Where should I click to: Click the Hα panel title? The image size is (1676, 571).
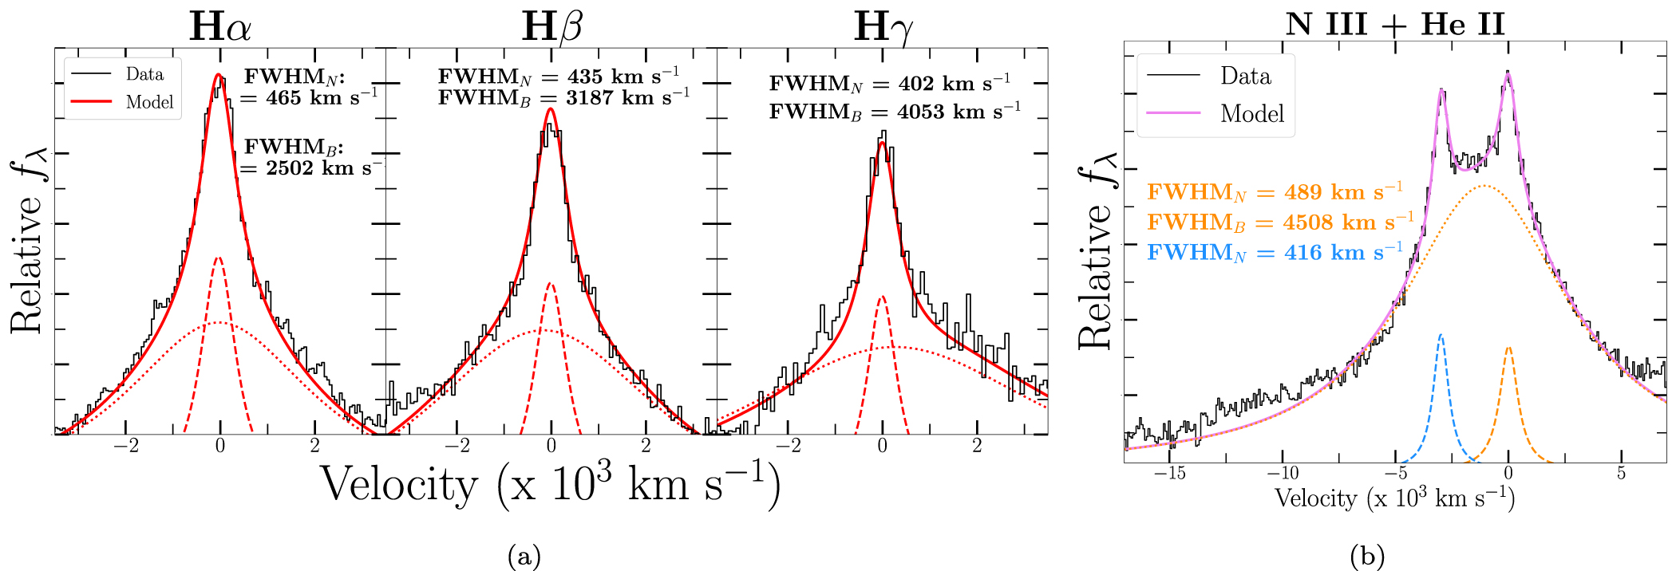point(220,27)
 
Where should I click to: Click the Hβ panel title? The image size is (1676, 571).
point(551,27)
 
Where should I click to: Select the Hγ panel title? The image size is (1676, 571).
point(883,27)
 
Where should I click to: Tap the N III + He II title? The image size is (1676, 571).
point(1395,24)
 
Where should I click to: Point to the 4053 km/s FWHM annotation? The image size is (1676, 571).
point(895,112)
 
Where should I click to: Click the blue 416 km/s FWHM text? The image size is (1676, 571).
point(1275,253)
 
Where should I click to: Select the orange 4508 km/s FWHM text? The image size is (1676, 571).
point(1280,222)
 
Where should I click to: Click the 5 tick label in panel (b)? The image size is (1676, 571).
point(1621,474)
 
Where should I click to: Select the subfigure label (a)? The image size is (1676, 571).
point(524,556)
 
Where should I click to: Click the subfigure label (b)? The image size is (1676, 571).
point(1367,556)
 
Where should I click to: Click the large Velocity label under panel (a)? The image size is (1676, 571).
point(551,485)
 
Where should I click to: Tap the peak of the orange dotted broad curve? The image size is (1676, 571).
point(1484,187)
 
